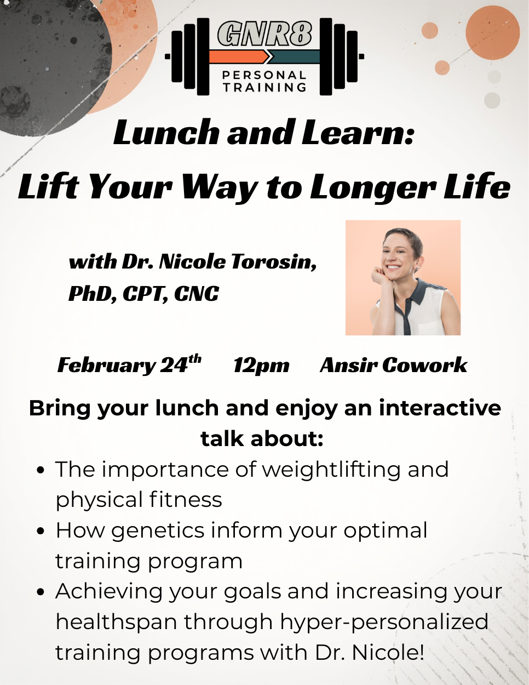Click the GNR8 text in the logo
[264, 34]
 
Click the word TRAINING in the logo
[264, 87]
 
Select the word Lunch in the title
[166, 133]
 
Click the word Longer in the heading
[372, 187]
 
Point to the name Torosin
[273, 262]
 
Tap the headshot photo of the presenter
[403, 278]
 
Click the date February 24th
[129, 364]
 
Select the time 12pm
[261, 365]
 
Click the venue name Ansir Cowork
[393, 365]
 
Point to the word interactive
[439, 408]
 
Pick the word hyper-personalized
[384, 622]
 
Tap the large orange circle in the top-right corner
[492, 33]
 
